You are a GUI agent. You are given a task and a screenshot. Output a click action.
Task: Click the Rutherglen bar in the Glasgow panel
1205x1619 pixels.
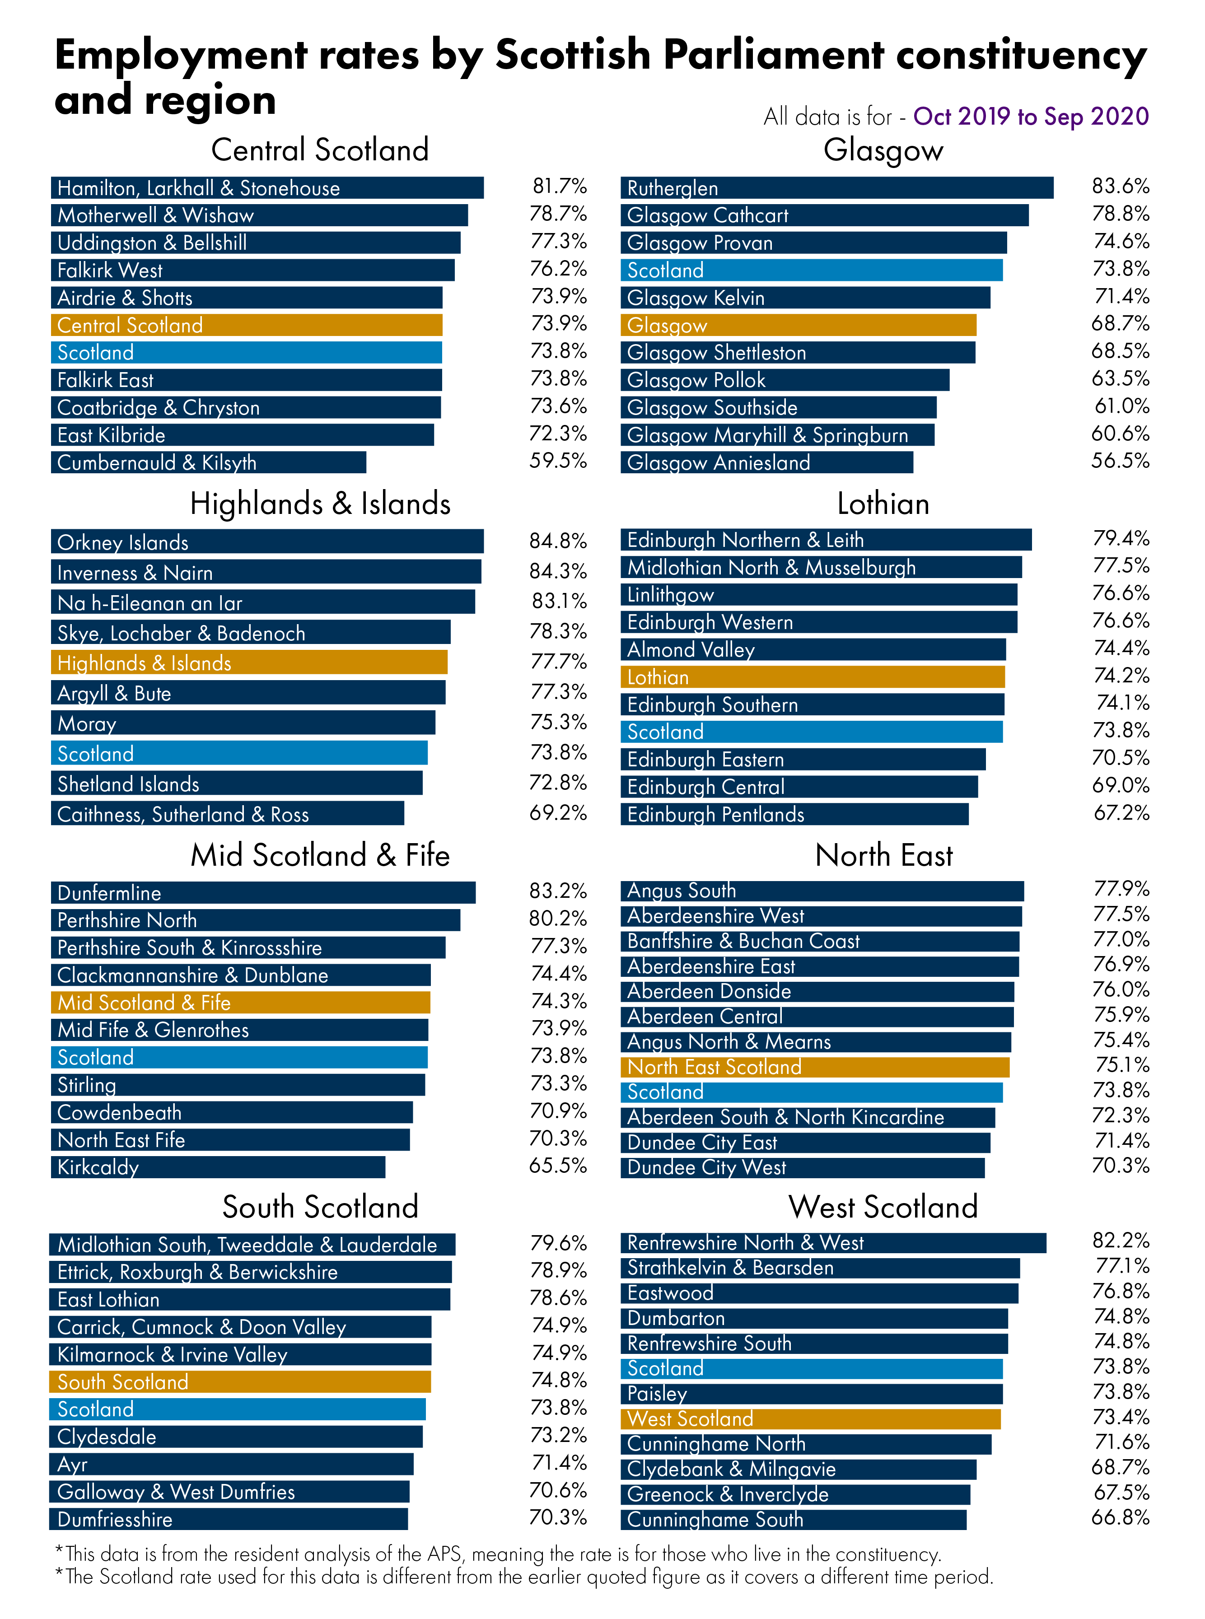click(836, 187)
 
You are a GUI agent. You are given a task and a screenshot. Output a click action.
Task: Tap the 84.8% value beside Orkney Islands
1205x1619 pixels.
click(558, 541)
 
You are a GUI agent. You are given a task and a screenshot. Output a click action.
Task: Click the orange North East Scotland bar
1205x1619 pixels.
click(815, 1067)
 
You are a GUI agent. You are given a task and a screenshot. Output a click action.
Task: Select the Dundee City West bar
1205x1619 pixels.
click(803, 1167)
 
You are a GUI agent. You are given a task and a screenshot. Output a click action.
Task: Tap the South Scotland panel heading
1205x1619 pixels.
click(320, 1207)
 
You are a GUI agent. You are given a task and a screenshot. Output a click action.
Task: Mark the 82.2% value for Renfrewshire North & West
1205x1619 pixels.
click(1121, 1241)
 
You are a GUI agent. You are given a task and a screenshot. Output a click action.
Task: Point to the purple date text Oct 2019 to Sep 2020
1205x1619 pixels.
click(1031, 117)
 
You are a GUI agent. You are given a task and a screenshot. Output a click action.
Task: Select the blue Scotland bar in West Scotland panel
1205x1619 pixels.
click(811, 1368)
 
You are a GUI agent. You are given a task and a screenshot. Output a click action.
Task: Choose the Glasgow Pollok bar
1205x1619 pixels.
click(785, 380)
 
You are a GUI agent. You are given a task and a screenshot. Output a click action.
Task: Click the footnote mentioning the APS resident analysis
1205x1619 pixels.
click(498, 1554)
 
